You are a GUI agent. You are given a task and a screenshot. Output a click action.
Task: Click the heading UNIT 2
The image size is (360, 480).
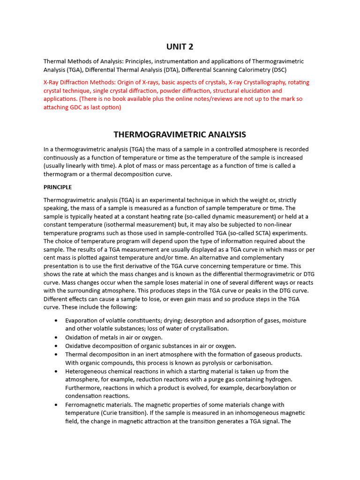pos(180,46)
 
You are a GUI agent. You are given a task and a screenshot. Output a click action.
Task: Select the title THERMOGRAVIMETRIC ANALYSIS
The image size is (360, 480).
pos(180,135)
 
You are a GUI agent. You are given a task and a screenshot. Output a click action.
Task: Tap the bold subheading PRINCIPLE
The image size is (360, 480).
pos(58,187)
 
